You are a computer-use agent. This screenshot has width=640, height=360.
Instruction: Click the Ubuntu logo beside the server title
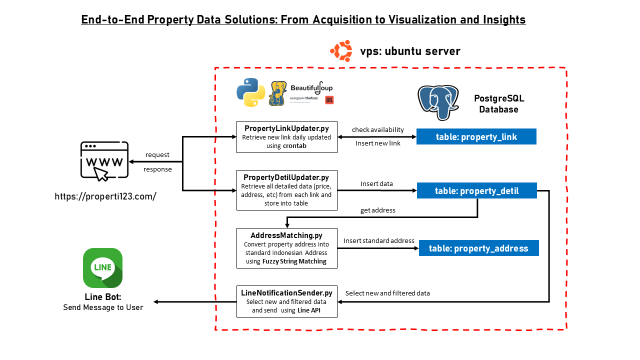[341, 51]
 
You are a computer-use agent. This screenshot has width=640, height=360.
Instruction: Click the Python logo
[250, 92]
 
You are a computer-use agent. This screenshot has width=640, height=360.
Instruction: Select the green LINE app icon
[102, 268]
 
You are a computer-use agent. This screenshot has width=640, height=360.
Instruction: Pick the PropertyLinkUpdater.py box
[286, 136]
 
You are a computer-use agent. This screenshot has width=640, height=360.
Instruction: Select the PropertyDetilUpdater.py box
[286, 190]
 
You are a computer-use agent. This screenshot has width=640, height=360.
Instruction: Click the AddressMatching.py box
[286, 247]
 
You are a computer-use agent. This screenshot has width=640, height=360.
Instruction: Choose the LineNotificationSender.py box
[286, 301]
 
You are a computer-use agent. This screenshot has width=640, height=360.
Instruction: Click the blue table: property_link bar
[476, 136]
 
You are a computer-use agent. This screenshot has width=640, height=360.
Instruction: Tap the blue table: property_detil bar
[476, 190]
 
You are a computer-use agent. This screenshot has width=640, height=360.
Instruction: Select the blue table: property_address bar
[478, 248]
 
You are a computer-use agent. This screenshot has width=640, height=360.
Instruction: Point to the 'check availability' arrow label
[378, 129]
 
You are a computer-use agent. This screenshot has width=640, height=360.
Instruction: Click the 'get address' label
[378, 210]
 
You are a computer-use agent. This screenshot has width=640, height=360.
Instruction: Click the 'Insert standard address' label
[379, 240]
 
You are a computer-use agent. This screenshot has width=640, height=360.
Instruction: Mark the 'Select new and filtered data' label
[387, 293]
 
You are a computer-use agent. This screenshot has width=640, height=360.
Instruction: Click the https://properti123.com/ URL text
[105, 196]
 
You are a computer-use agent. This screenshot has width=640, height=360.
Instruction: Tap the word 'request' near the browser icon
[157, 154]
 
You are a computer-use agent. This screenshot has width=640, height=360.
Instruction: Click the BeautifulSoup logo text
[311, 88]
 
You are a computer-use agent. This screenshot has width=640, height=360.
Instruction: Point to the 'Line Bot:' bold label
[103, 297]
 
